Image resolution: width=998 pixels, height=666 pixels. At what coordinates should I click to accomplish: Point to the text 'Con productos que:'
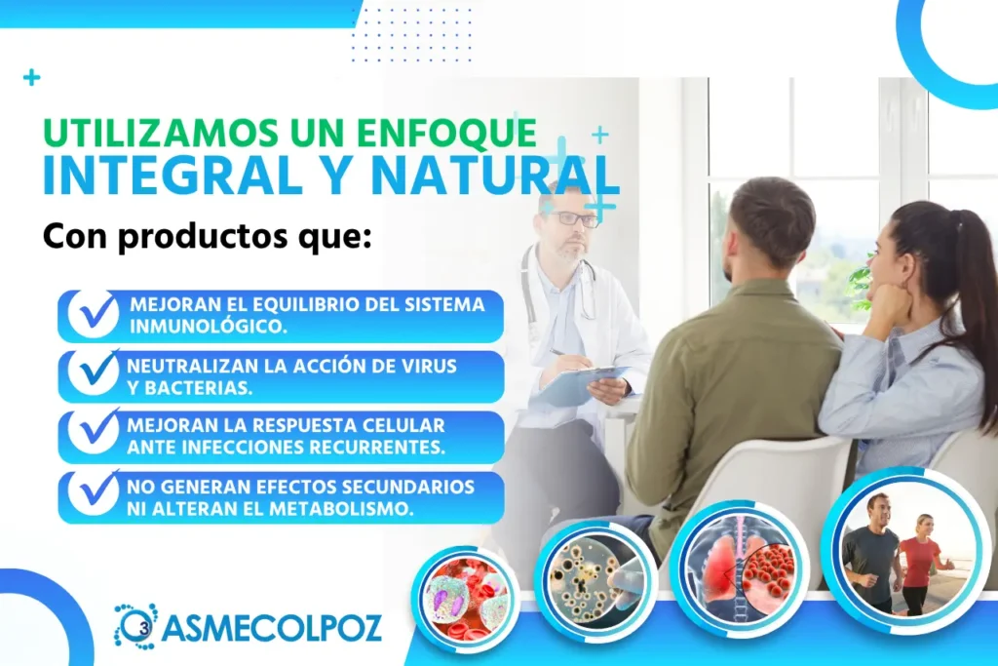[x=207, y=236]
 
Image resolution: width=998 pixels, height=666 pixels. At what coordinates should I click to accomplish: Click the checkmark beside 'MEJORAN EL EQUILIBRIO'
[x=95, y=313]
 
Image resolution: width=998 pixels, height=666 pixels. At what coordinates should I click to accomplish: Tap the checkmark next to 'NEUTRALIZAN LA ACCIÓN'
[x=95, y=372]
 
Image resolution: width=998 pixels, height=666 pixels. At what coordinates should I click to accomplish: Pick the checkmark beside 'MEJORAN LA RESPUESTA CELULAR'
[x=95, y=432]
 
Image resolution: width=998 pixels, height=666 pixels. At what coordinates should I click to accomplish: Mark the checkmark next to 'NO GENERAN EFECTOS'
[x=95, y=492]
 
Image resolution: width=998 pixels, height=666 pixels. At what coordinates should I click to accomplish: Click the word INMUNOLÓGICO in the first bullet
[x=209, y=326]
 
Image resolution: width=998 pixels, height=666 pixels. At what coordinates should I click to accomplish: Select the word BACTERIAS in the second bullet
[x=189, y=388]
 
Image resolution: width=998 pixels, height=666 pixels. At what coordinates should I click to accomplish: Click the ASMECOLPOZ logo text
[x=272, y=628]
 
